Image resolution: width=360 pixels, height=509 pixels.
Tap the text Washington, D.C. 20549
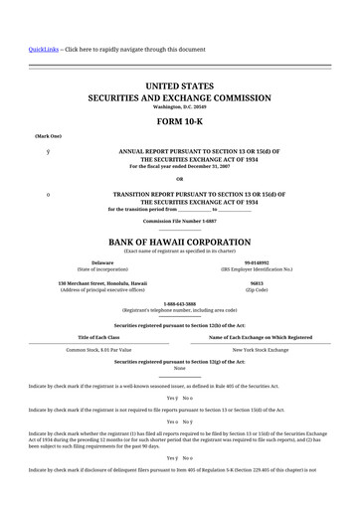click(180, 106)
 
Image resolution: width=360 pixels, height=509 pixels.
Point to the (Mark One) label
click(48, 135)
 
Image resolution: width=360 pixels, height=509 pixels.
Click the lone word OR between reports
click(180, 178)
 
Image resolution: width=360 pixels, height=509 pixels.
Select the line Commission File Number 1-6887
click(180, 221)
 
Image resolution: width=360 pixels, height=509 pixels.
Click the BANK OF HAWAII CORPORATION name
click(180, 242)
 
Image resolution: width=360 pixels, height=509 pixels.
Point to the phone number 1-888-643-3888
click(180, 303)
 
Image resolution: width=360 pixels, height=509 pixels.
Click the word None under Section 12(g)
click(180, 369)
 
